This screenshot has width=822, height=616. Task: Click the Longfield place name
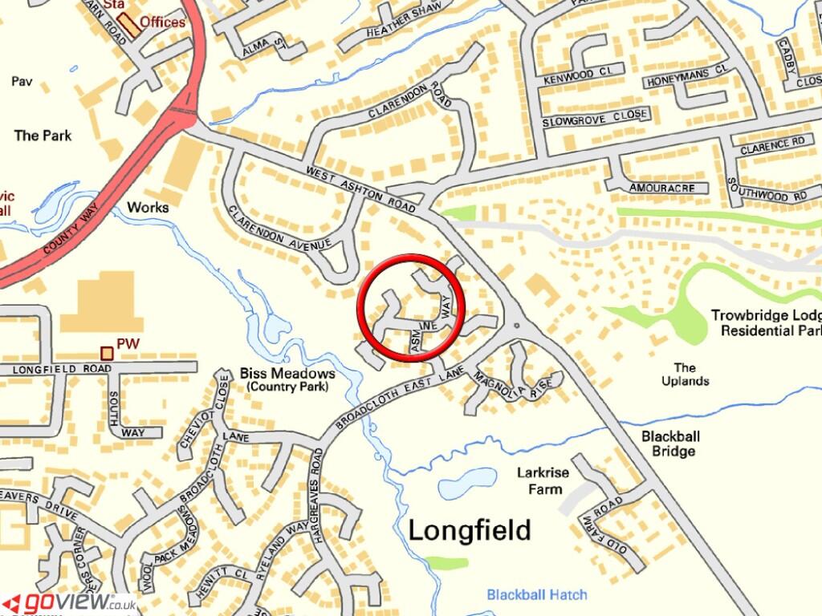pyautogui.click(x=470, y=530)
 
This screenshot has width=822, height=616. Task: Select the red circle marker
pyautogui.click(x=412, y=308)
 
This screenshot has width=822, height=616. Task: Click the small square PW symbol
pyautogui.click(x=106, y=352)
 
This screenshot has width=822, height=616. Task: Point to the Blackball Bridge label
pyautogui.click(x=668, y=444)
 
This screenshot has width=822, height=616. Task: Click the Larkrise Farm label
pyautogui.click(x=543, y=480)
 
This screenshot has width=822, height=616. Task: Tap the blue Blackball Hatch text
pyautogui.click(x=536, y=594)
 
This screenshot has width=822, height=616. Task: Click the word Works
pyautogui.click(x=148, y=207)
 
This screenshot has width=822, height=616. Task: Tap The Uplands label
pyautogui.click(x=685, y=374)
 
